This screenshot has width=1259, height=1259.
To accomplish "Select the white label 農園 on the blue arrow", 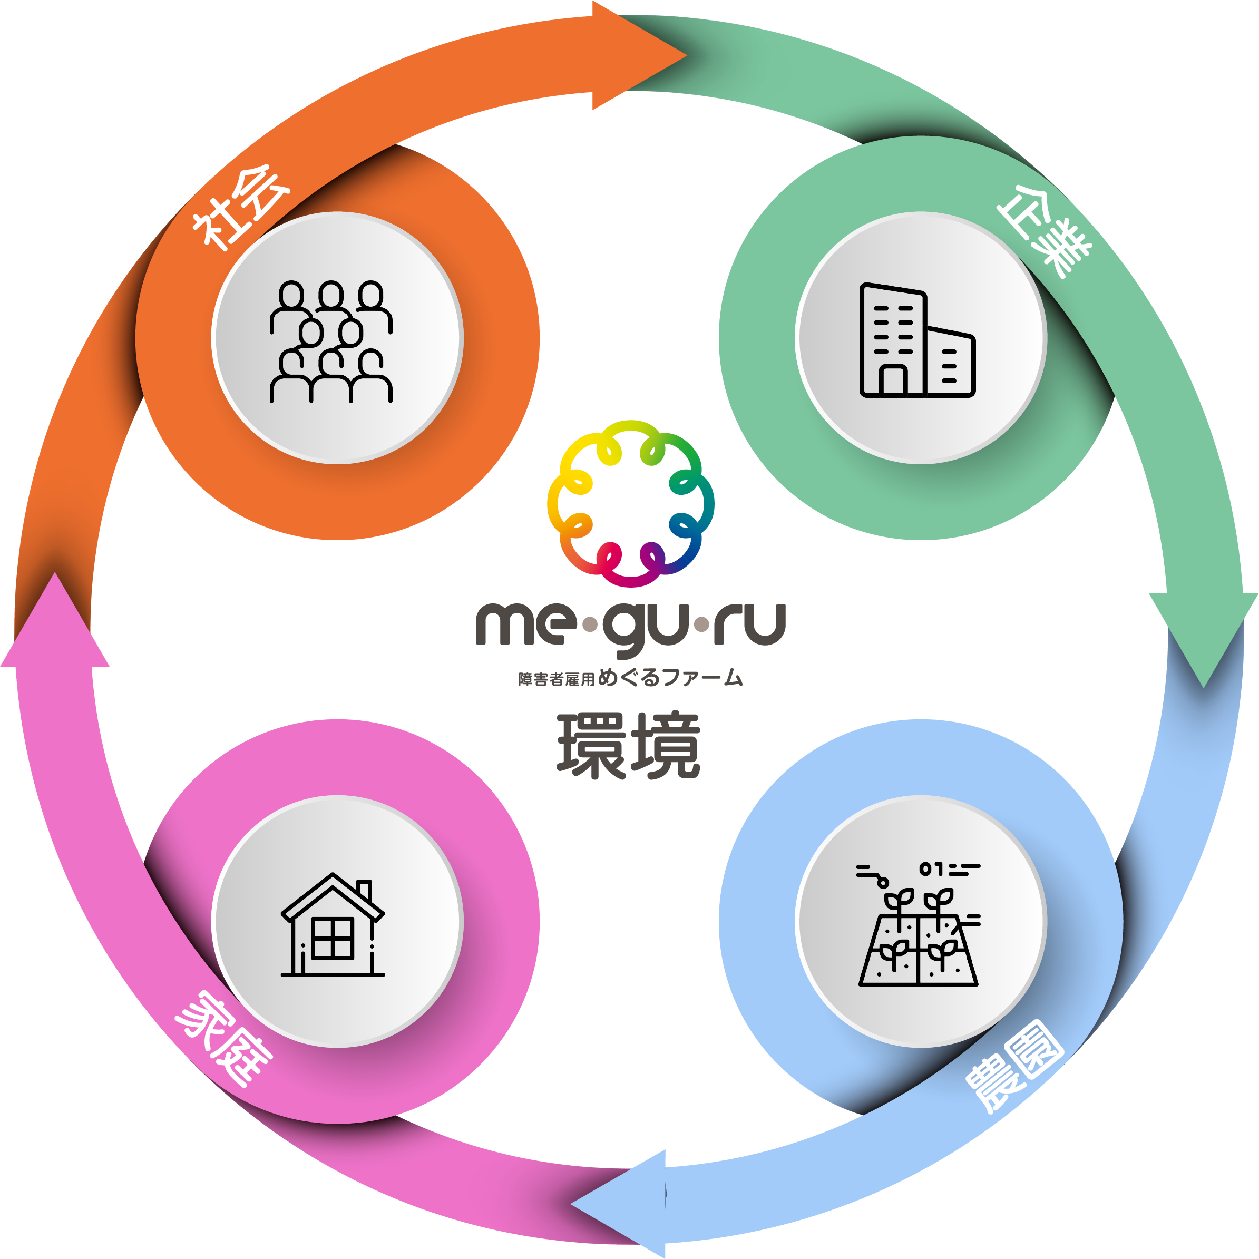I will (1014, 1065).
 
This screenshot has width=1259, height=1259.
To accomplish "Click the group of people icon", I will (331, 341).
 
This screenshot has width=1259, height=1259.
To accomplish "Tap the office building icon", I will (918, 340).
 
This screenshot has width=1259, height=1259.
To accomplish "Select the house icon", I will (333, 925).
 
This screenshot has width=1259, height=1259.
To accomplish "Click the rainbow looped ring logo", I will (630, 503).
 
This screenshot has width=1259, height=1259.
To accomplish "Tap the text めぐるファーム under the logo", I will (670, 678).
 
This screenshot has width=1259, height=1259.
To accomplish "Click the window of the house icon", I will (333, 939).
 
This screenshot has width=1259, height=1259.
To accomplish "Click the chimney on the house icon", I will (364, 889).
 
